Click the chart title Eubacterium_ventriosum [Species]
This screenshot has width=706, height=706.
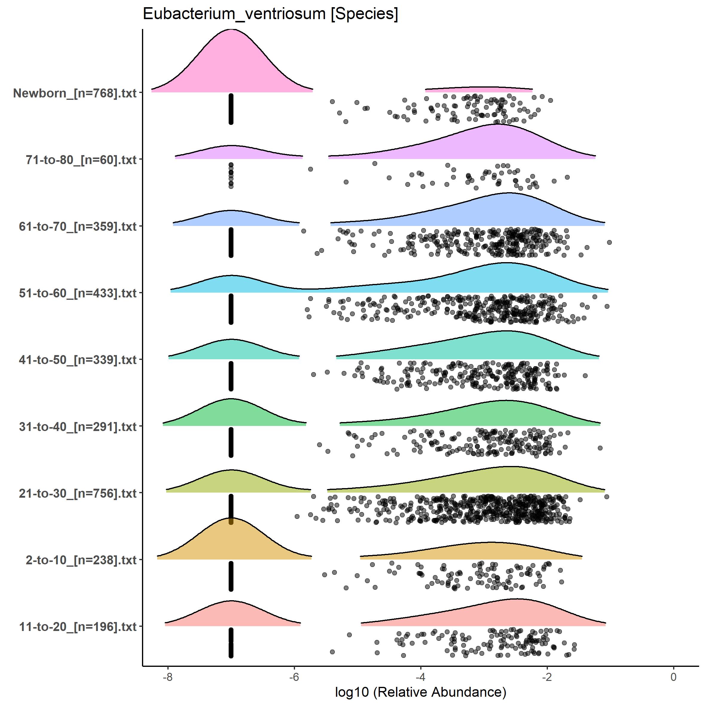(271, 14)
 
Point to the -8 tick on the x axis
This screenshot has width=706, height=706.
(168, 677)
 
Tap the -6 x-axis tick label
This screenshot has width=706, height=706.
(294, 677)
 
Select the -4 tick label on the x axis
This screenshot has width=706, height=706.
(421, 677)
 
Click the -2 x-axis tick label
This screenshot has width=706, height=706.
(547, 677)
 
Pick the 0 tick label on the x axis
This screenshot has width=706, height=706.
(673, 677)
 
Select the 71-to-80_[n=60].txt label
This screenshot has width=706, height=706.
(81, 160)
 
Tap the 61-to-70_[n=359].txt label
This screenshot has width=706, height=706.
(78, 227)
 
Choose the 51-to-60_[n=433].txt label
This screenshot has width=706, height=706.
(78, 293)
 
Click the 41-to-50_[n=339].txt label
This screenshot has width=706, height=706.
(78, 360)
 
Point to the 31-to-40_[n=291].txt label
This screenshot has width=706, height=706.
(78, 427)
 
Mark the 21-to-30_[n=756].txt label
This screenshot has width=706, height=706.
(78, 493)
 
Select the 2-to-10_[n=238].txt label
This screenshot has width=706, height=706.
(81, 560)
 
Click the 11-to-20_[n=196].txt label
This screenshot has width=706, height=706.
(78, 627)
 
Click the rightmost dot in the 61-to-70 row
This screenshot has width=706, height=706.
(609, 242)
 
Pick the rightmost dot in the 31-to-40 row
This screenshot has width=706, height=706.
(600, 448)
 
